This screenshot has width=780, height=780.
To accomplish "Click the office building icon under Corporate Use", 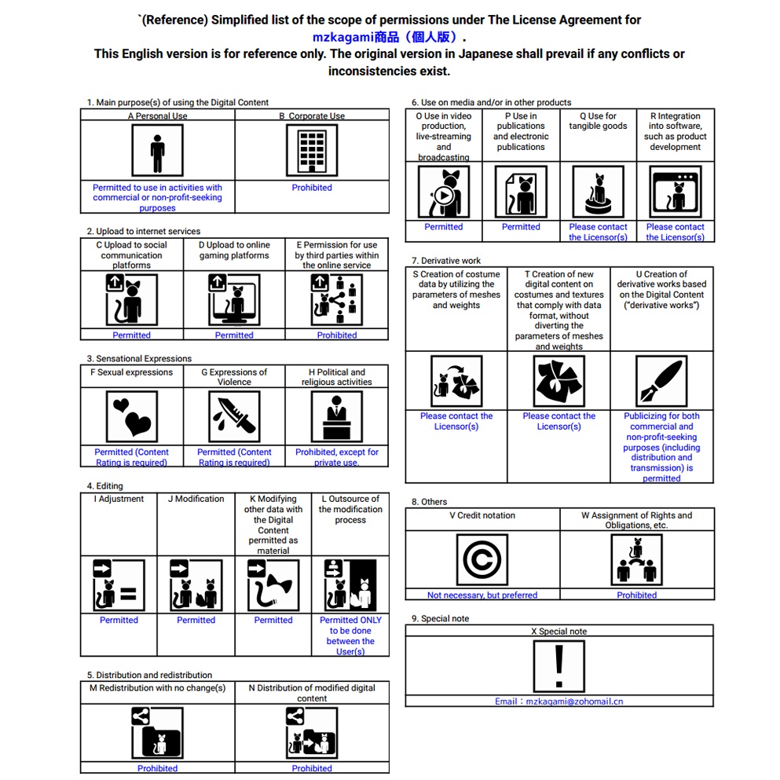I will click(x=312, y=150).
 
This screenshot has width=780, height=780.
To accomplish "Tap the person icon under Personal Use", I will click(x=157, y=150).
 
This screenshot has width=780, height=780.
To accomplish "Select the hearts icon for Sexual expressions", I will click(x=131, y=416).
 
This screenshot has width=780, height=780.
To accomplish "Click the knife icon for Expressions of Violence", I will click(x=234, y=416).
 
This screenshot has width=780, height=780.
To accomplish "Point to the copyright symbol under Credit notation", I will click(x=482, y=560).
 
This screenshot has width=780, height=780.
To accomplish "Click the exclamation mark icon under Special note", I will click(x=558, y=666).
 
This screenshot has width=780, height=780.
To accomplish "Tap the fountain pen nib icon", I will click(x=661, y=381).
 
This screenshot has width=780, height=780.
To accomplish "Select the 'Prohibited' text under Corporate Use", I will click(x=312, y=188).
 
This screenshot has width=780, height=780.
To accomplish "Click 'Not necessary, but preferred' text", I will click(x=482, y=595).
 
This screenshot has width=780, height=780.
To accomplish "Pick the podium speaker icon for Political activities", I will click(x=337, y=416).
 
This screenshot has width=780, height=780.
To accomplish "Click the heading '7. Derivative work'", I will click(x=446, y=260).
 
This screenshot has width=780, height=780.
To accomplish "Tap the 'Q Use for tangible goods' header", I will click(x=598, y=121).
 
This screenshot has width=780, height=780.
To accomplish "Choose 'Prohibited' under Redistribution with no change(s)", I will click(x=157, y=768).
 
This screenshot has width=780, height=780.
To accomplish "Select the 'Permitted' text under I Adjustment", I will click(x=119, y=621).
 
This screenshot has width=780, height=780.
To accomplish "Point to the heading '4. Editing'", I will click(x=104, y=486).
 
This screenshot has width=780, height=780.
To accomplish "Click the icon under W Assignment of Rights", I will click(x=637, y=560).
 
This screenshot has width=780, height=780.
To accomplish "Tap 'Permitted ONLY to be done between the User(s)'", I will click(x=350, y=635).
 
